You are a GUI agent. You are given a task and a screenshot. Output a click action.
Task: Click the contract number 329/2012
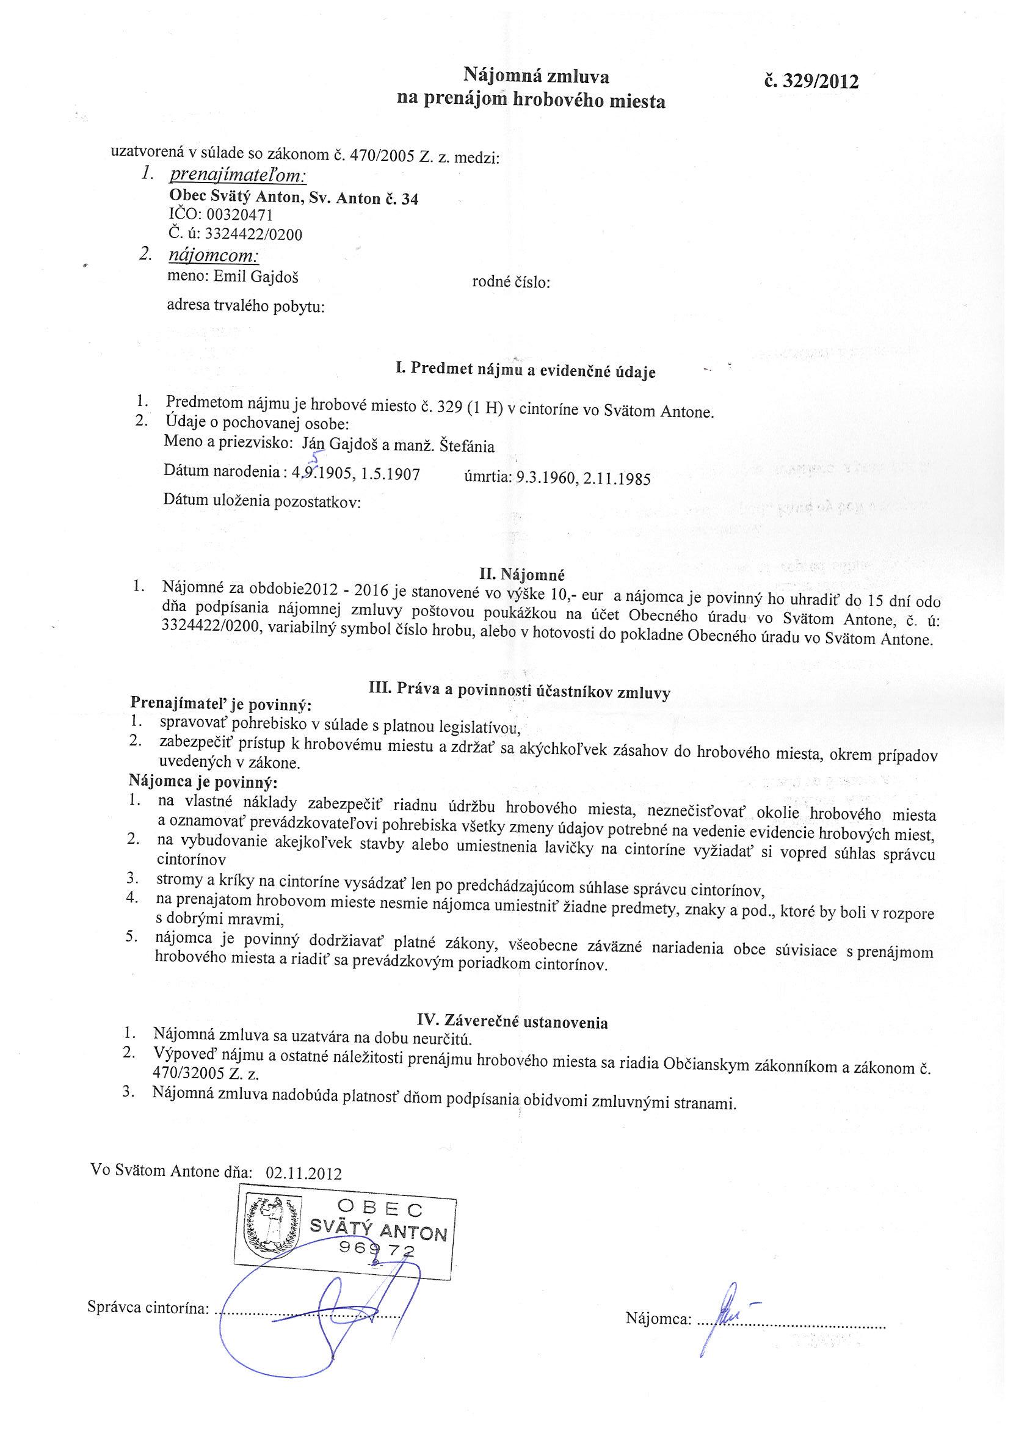point(811,81)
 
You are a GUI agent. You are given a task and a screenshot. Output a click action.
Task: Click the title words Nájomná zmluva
point(535,76)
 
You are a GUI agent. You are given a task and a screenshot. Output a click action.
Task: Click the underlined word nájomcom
point(213,256)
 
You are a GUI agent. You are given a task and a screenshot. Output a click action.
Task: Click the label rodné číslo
point(510,283)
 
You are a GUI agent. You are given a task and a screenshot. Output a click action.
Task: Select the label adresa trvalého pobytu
point(246,306)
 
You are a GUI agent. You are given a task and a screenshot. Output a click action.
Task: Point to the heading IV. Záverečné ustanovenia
point(512,1022)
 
